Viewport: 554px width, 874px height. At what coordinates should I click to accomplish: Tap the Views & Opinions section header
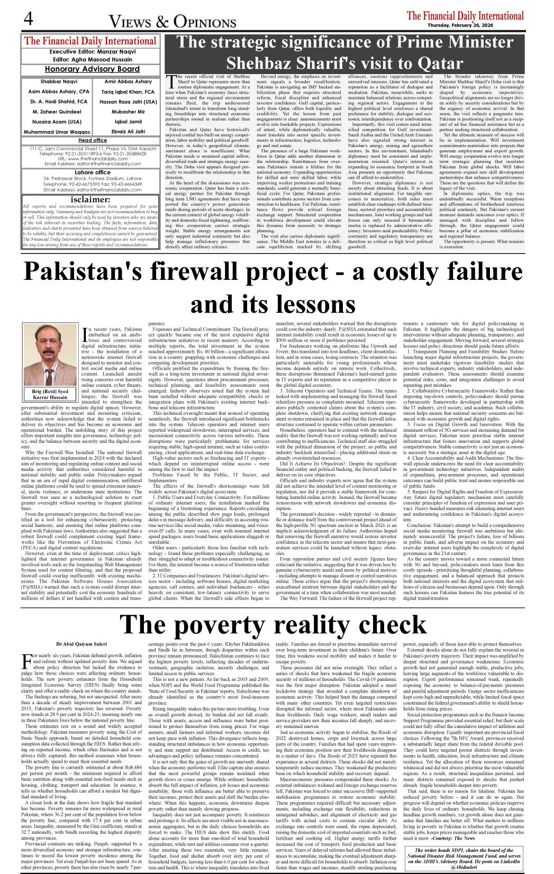[172, 22]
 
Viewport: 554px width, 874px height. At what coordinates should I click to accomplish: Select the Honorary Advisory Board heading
[92, 69]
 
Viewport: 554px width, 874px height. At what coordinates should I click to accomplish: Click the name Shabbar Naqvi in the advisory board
[59, 81]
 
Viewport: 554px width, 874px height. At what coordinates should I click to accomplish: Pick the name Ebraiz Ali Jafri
[129, 131]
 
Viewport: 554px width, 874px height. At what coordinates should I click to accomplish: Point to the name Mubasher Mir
[129, 112]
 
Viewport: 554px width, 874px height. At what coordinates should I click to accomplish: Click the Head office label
[93, 140]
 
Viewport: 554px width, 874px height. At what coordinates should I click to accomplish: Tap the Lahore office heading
[93, 172]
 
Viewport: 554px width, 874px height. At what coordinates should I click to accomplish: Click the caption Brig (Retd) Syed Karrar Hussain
[51, 395]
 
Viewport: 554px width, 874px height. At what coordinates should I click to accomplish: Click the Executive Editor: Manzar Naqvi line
[92, 52]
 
